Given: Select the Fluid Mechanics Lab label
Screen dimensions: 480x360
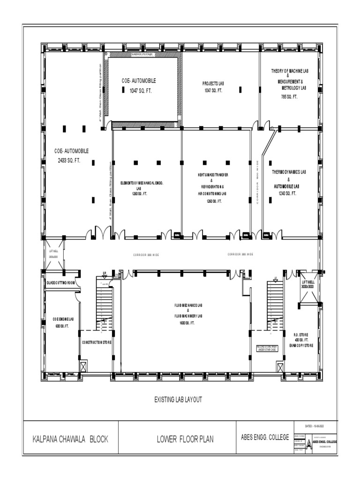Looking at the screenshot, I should point(188,306).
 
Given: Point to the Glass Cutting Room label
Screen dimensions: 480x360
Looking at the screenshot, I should point(60,283).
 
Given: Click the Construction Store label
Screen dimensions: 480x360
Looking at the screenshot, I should point(97,342).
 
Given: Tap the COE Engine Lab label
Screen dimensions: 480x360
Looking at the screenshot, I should point(63,319).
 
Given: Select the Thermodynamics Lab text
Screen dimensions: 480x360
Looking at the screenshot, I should point(289,172).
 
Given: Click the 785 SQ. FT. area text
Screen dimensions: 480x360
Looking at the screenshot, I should point(289,97).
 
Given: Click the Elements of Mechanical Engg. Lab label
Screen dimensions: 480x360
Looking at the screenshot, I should point(142,183).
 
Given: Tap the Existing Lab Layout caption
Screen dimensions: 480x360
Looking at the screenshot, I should point(178,399).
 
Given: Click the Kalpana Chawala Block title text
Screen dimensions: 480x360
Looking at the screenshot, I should point(70,439).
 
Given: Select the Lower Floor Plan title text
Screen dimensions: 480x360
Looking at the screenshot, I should point(185,439).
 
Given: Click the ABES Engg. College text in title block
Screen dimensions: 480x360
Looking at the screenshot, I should point(262,437).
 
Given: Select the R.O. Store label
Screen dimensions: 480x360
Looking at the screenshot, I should point(300,334).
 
